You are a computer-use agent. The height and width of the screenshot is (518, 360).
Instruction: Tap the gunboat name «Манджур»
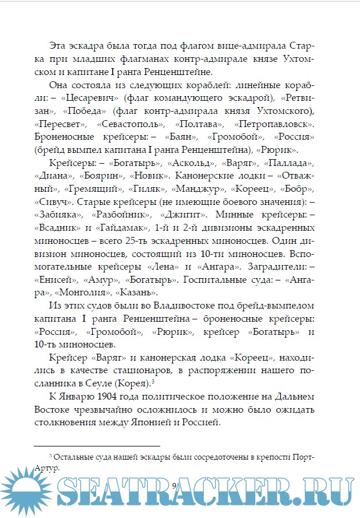click(196, 190)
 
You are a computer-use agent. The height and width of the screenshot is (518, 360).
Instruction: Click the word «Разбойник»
click(126, 216)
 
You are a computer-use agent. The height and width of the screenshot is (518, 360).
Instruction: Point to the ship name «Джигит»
click(181, 216)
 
